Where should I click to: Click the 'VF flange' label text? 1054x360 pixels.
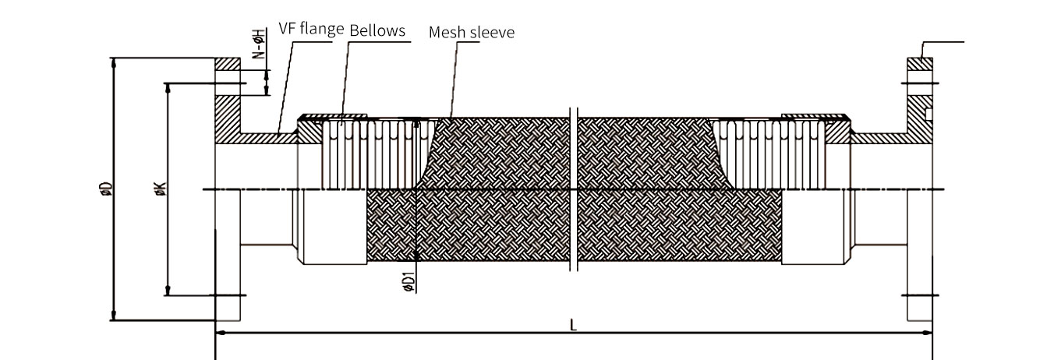(x=311, y=29)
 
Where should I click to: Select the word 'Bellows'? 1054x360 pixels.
(x=377, y=30)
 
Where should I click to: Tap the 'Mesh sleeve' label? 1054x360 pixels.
(x=472, y=33)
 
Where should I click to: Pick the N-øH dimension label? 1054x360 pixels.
(x=260, y=44)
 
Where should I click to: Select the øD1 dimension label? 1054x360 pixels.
(x=409, y=282)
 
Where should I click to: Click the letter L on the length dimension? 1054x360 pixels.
(x=573, y=325)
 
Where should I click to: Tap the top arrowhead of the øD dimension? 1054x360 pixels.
(x=113, y=63)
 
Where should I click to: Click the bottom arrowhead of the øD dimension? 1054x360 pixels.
(x=113, y=315)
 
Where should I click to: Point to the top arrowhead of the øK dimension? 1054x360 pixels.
(x=167, y=89)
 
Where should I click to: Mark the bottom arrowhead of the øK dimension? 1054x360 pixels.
(x=167, y=291)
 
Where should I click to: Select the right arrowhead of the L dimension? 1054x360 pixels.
(x=926, y=333)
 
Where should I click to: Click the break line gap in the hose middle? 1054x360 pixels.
(x=574, y=189)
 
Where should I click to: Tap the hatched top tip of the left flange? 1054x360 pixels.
(x=228, y=64)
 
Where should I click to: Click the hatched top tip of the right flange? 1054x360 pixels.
(x=920, y=64)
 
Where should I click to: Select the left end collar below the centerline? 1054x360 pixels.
(x=334, y=227)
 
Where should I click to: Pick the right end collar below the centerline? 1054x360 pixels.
(x=813, y=227)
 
